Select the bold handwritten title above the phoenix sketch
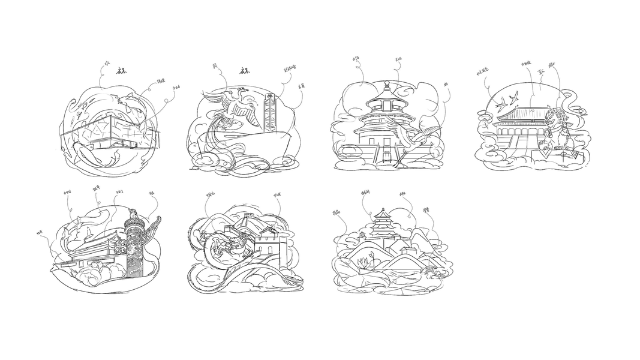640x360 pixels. click(x=245, y=70)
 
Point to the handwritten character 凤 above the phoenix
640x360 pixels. click(x=215, y=65)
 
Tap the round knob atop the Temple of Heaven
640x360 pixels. click(x=387, y=83)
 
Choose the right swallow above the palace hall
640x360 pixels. click(x=514, y=95)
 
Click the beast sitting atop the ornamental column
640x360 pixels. click(x=133, y=213)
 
